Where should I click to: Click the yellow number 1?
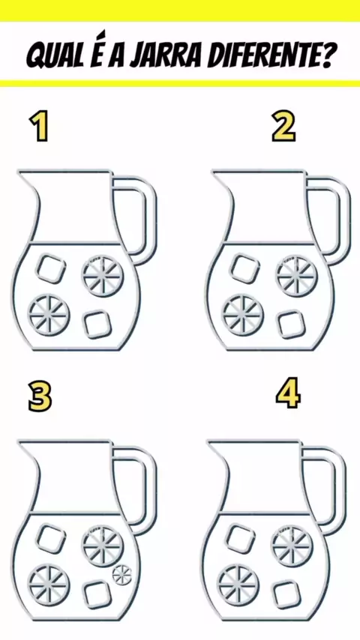(40, 127)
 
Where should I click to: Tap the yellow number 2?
(283, 127)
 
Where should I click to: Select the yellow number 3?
(40, 396)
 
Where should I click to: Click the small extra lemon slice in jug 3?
(122, 574)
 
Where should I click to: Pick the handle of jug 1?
(151, 212)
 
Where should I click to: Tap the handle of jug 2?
(345, 212)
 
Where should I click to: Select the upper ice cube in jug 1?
(52, 268)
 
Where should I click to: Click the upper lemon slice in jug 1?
(103, 276)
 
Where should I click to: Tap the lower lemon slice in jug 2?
(243, 315)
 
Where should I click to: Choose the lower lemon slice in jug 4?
(238, 585)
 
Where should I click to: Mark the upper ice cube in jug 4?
(241, 539)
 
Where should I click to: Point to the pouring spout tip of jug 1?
(18, 172)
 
